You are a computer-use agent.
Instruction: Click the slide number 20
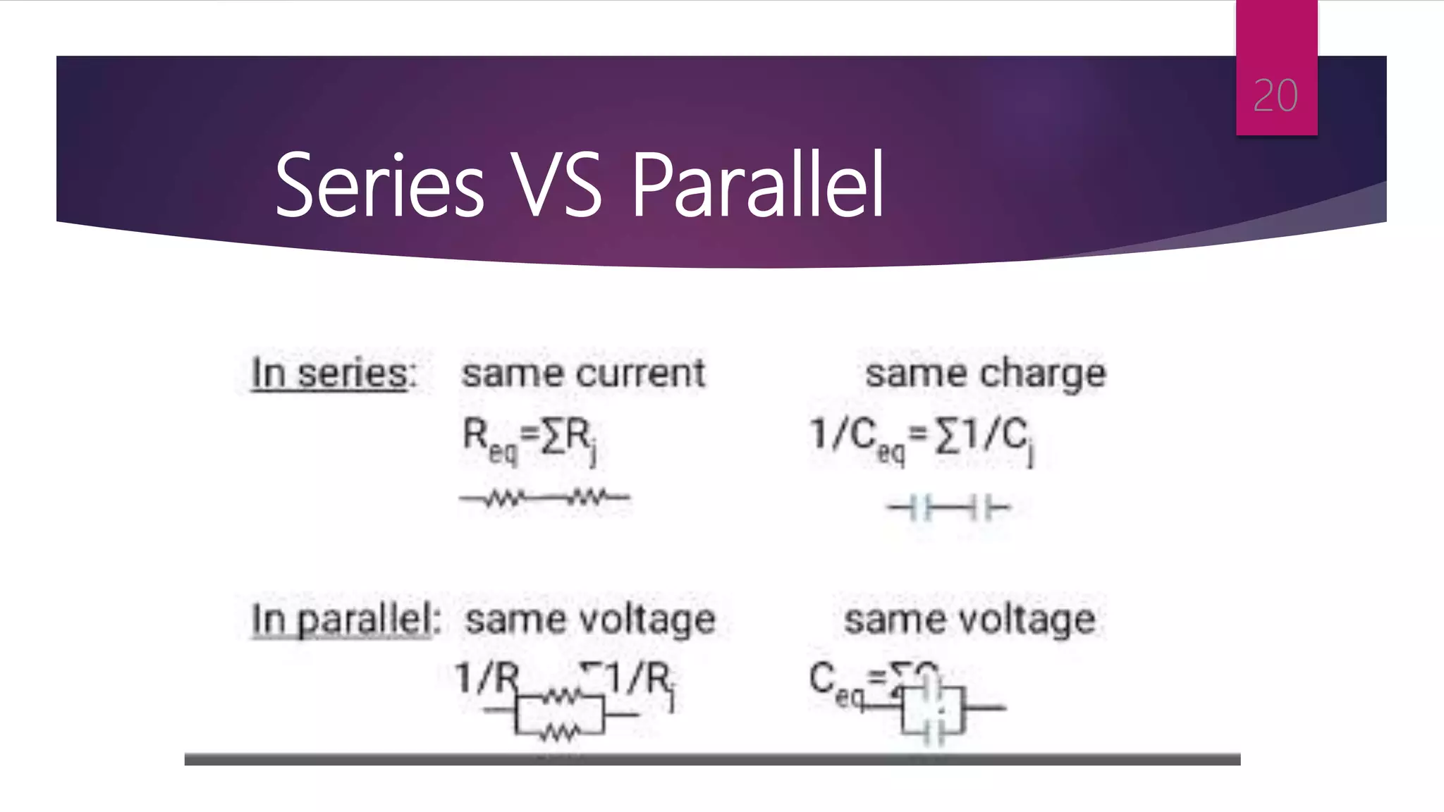click(x=1275, y=96)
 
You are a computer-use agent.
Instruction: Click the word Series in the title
click(x=379, y=185)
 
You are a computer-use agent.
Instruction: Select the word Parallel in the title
click(x=757, y=184)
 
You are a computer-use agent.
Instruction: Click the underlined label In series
click(x=330, y=373)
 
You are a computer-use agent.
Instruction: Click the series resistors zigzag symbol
click(x=544, y=498)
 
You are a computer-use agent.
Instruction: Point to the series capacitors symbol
click(x=948, y=508)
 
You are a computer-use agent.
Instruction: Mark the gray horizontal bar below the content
click(x=712, y=759)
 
